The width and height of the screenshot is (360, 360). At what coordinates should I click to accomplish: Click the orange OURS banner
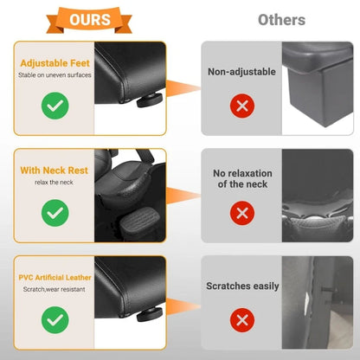point(89,20)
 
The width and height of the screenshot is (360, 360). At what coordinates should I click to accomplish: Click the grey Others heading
point(281,20)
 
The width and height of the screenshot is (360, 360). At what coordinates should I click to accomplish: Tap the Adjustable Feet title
point(55,63)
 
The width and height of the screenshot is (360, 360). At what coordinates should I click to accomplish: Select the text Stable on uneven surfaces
point(55,75)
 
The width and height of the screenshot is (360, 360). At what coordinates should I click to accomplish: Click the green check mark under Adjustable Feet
point(55,106)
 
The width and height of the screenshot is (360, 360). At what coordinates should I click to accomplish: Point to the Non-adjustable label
point(241,72)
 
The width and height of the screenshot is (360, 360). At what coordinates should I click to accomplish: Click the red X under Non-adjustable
point(242,106)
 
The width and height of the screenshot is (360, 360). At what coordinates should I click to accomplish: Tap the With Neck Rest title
point(55,170)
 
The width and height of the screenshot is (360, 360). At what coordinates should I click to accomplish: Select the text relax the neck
point(54,183)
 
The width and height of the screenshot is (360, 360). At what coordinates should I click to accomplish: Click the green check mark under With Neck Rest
point(55,213)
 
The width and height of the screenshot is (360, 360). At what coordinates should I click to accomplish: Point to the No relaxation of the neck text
point(242,178)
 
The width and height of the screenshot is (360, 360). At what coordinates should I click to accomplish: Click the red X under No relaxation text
point(242,213)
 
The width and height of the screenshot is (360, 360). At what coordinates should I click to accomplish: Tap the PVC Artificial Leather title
point(55,278)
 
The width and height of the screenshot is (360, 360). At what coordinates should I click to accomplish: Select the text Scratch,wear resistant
point(55,289)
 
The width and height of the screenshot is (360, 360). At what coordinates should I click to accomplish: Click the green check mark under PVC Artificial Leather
point(55,320)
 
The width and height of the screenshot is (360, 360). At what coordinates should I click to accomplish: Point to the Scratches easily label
point(242,286)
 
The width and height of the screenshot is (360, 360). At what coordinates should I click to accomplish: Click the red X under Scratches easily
point(242,320)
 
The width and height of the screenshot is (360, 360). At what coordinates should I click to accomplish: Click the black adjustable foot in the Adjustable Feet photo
point(150,100)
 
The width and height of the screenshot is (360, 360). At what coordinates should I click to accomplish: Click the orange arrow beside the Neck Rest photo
point(183,196)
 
